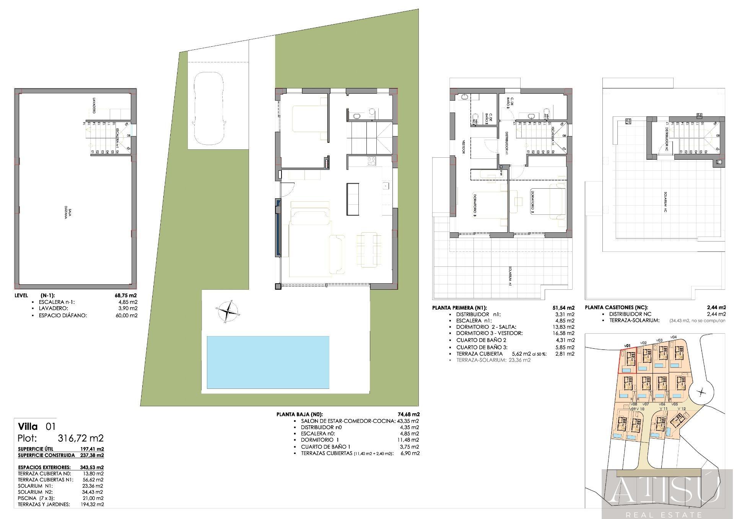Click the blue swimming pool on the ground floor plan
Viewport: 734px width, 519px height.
click(268, 362)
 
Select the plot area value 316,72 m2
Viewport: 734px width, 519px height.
click(80, 438)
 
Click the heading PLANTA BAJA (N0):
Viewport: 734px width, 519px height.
click(299, 414)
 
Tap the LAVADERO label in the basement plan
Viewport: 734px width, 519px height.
click(93, 105)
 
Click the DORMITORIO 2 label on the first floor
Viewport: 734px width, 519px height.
click(532, 201)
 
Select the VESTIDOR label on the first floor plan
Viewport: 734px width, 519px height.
click(463, 146)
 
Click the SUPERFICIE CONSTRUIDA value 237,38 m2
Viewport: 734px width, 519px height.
click(91, 455)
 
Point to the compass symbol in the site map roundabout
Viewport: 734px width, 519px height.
click(701, 392)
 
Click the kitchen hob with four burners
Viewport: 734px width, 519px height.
click(371, 162)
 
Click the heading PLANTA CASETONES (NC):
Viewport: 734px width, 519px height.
click(616, 307)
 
